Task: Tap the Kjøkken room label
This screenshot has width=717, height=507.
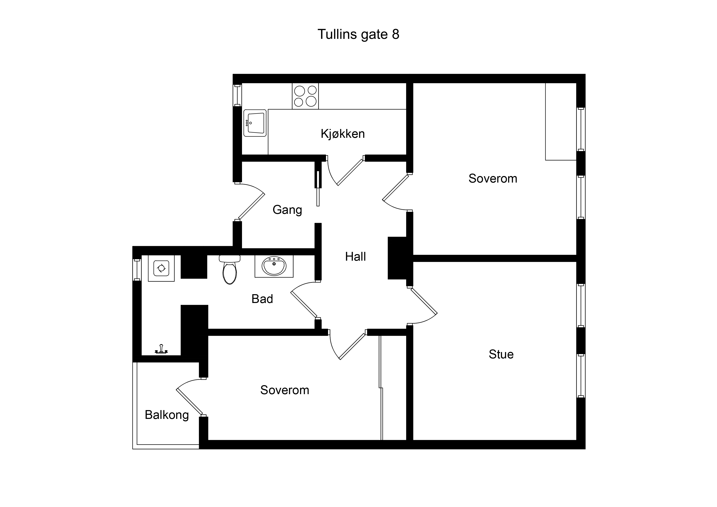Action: [x=343, y=134]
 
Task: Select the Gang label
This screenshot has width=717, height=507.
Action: [x=287, y=210]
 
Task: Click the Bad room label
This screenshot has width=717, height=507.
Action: [x=262, y=299]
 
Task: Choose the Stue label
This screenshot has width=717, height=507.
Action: [x=501, y=354]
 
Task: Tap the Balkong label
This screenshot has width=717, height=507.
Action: [x=167, y=415]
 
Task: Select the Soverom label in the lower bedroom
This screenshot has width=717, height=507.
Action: [x=285, y=390]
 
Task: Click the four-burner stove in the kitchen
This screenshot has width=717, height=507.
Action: [x=305, y=96]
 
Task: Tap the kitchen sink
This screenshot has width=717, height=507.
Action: [x=255, y=123]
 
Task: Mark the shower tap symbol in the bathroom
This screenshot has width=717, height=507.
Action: [x=161, y=349]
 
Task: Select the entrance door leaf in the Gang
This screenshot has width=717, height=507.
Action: [x=252, y=206]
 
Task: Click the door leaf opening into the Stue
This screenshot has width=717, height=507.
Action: [x=424, y=301]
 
